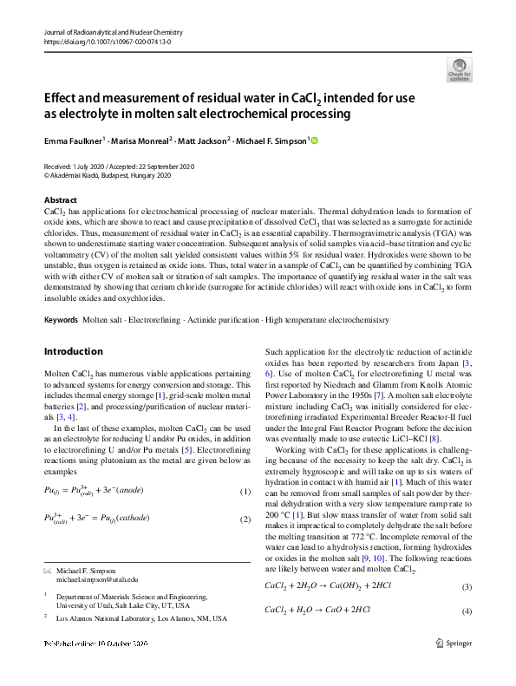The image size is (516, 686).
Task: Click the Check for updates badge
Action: click(460, 70)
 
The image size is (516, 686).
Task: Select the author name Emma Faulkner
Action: click(74, 140)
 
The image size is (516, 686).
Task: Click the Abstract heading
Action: click(61, 200)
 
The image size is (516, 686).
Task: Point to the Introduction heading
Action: click(73, 351)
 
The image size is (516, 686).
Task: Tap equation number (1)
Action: click(244, 493)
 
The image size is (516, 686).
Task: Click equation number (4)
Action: click(466, 611)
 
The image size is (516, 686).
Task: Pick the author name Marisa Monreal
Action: click(144, 140)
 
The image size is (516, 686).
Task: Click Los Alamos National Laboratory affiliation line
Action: click(141, 618)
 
